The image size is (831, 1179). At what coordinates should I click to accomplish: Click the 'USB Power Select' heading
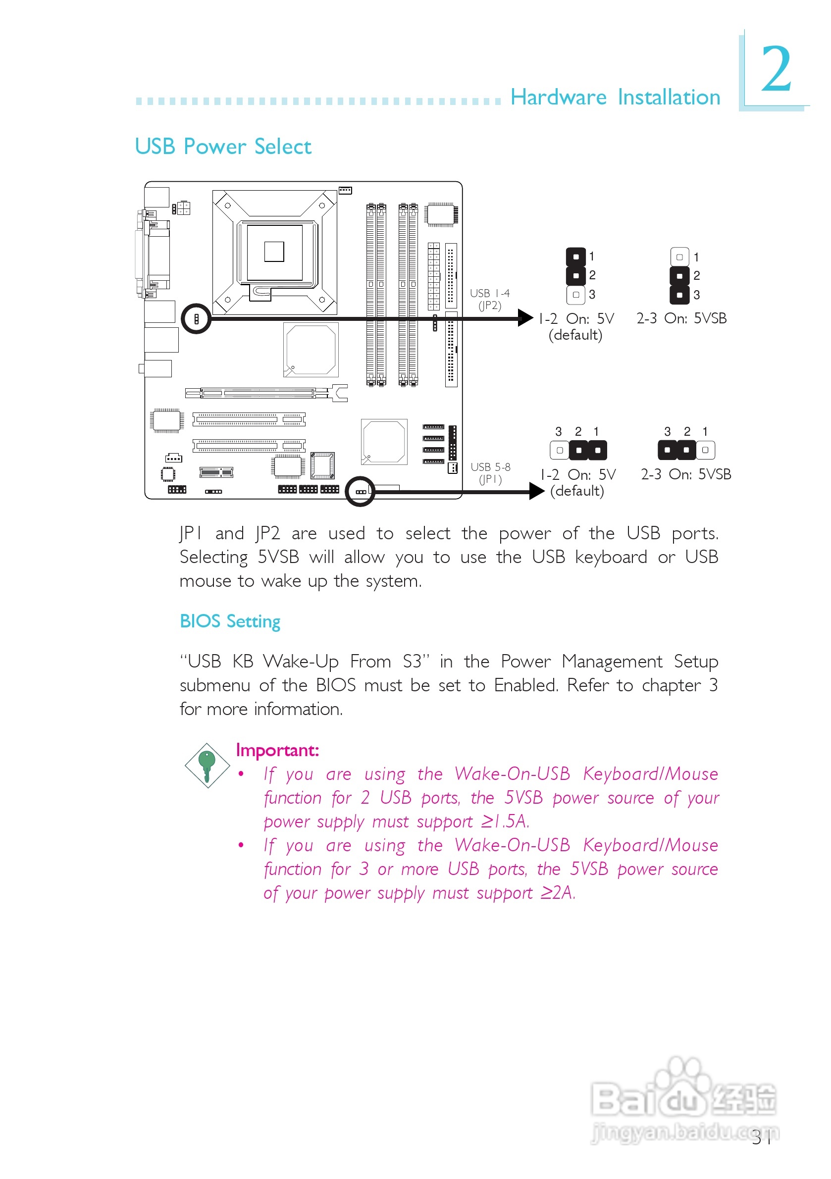pyautogui.click(x=223, y=147)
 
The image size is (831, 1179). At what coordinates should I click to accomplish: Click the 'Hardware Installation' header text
pyautogui.click(x=615, y=97)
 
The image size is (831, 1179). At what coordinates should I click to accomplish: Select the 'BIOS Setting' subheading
pyautogui.click(x=230, y=621)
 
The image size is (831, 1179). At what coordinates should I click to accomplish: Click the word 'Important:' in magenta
pyautogui.click(x=277, y=750)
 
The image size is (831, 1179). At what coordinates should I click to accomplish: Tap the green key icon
pyautogui.click(x=207, y=765)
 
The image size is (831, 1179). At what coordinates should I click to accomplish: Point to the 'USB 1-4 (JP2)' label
pyautogui.click(x=489, y=300)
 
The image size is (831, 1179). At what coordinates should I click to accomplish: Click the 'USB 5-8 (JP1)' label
pyautogui.click(x=490, y=473)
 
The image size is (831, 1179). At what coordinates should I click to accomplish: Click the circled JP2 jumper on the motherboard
pyautogui.click(x=196, y=319)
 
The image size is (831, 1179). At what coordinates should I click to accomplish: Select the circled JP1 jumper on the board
pyautogui.click(x=361, y=491)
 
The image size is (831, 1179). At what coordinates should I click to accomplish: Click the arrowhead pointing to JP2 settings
pyautogui.click(x=525, y=318)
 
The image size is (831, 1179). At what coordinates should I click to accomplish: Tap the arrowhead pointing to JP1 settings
pyautogui.click(x=536, y=491)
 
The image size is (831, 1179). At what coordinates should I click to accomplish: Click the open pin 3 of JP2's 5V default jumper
pyautogui.click(x=576, y=295)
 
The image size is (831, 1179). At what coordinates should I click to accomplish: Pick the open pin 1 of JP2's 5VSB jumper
pyautogui.click(x=679, y=257)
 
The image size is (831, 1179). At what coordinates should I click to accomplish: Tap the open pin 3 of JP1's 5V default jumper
pyautogui.click(x=559, y=450)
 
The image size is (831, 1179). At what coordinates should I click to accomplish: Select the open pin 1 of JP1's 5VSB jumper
pyautogui.click(x=705, y=450)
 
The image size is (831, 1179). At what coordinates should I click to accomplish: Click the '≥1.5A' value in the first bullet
pyautogui.click(x=504, y=821)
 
